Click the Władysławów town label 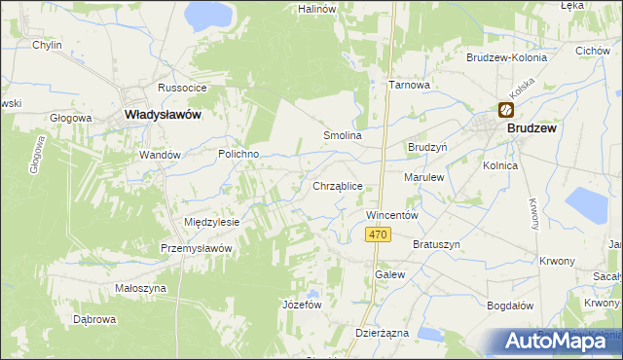coord(163,115)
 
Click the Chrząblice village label coord(338,185)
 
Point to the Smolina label coord(343,135)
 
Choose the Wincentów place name coord(391,214)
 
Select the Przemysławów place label coord(197,248)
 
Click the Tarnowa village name coord(410,85)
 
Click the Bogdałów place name coord(510,305)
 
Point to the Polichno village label coord(237,155)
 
